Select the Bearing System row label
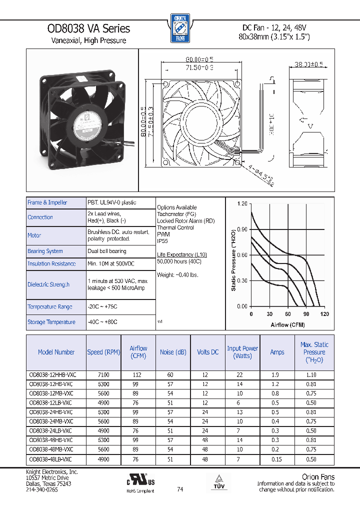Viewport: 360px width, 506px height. (45, 251)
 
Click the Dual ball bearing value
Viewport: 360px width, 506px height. (107, 251)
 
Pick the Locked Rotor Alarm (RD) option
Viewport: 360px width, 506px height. (185, 220)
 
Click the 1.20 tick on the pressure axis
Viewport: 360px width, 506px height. (242, 204)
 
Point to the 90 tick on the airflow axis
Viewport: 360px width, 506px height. (306, 314)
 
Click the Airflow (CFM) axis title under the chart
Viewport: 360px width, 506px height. (287, 325)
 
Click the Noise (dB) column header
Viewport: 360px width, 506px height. (173, 352)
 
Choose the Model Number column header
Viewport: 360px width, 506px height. (56, 352)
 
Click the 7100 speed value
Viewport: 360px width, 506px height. (103, 374)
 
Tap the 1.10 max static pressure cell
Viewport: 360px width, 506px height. (310, 374)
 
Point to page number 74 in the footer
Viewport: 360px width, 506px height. (180, 489)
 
